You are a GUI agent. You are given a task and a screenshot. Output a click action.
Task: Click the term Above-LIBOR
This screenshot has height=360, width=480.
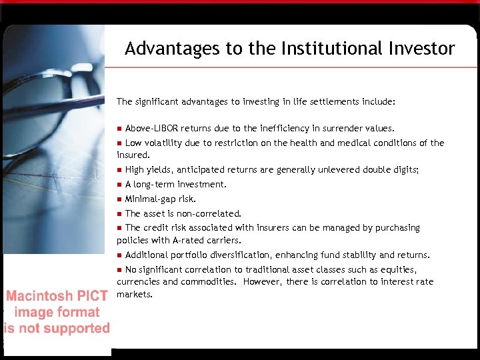tap(151, 128)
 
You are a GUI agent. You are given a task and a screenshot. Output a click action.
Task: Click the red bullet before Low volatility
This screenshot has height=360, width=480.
tap(119, 143)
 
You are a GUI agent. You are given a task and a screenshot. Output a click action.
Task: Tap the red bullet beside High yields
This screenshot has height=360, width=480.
tap(119, 170)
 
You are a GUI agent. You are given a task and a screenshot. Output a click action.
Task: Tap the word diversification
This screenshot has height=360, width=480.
tap(229, 255)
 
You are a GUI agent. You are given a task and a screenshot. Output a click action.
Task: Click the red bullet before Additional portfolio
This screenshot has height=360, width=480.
tap(119, 255)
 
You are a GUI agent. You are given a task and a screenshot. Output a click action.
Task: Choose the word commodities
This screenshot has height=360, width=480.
tap(208, 282)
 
